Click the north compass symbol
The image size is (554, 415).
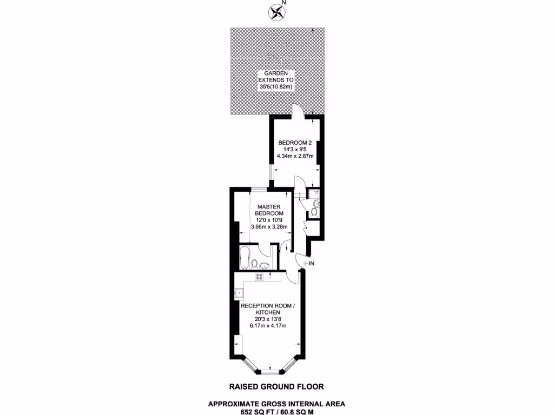[277, 11]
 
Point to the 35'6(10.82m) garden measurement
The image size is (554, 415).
[275, 86]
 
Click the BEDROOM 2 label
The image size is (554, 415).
[295, 143]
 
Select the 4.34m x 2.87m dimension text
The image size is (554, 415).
[295, 156]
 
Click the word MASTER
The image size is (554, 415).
[269, 206]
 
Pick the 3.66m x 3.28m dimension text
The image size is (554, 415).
[269, 226]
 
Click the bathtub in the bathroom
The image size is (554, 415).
[245, 258]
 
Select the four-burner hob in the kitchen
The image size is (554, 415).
[260, 277]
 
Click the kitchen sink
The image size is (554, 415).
[239, 294]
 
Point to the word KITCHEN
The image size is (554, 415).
[268, 312]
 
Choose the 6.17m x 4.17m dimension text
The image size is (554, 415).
[268, 325]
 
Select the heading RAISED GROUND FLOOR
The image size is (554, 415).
[276, 386]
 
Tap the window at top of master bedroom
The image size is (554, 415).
[258, 189]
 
